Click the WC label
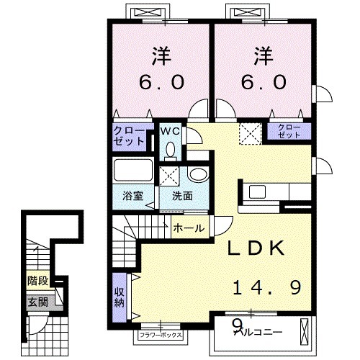point(170,131)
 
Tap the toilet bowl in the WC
point(171,150)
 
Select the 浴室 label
point(132,196)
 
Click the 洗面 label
point(182,196)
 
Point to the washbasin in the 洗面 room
point(199,174)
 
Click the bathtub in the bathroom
point(133,170)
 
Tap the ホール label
point(189,228)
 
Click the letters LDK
point(256,248)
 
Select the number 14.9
point(267,287)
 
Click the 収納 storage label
point(119,297)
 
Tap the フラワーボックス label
point(161,335)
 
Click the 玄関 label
point(38,302)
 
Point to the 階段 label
point(38,281)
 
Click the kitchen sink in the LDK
point(257,192)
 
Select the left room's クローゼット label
point(129,136)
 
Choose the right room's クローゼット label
point(289,131)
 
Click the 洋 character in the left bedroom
point(161,56)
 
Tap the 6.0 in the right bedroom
point(264,82)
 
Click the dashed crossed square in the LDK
point(251,134)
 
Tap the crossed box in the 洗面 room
point(169,176)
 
